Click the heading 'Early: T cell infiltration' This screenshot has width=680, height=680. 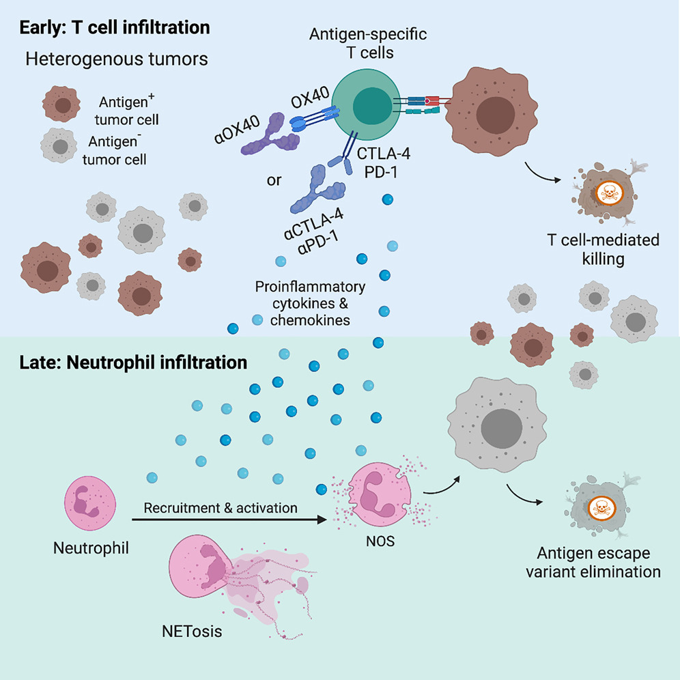tap(115, 28)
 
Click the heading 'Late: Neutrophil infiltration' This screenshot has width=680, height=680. tap(134, 362)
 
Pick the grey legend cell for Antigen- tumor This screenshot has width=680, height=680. tap(60, 145)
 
